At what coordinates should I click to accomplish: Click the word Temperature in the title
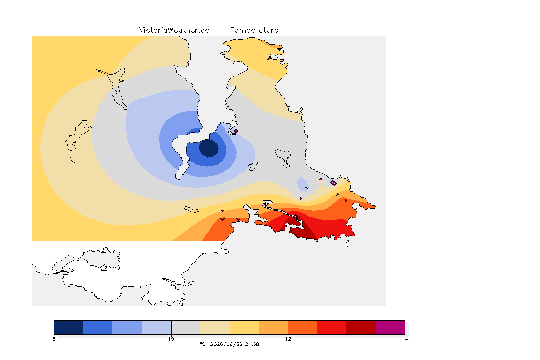(254, 30)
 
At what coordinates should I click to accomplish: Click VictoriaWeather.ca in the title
(174, 30)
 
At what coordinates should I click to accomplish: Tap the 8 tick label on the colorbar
(54, 339)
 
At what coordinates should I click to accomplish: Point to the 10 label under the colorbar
(171, 339)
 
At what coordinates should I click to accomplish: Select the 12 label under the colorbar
(288, 339)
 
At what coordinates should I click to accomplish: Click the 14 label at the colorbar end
(405, 339)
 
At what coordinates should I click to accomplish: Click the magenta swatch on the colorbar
(390, 327)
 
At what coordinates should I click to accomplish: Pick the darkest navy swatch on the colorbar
(69, 327)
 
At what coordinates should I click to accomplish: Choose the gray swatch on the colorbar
(186, 327)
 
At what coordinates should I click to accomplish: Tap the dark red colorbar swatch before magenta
(361, 327)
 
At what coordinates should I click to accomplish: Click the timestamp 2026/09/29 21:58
(235, 344)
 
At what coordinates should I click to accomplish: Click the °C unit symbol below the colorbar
(202, 344)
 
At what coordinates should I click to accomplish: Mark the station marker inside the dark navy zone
(212, 149)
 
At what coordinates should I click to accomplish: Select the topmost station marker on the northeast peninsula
(270, 59)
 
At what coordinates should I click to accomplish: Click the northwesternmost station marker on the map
(108, 69)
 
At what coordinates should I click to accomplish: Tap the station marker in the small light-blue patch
(306, 189)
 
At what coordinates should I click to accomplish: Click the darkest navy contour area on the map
(209, 148)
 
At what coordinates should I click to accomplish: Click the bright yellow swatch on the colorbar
(244, 327)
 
